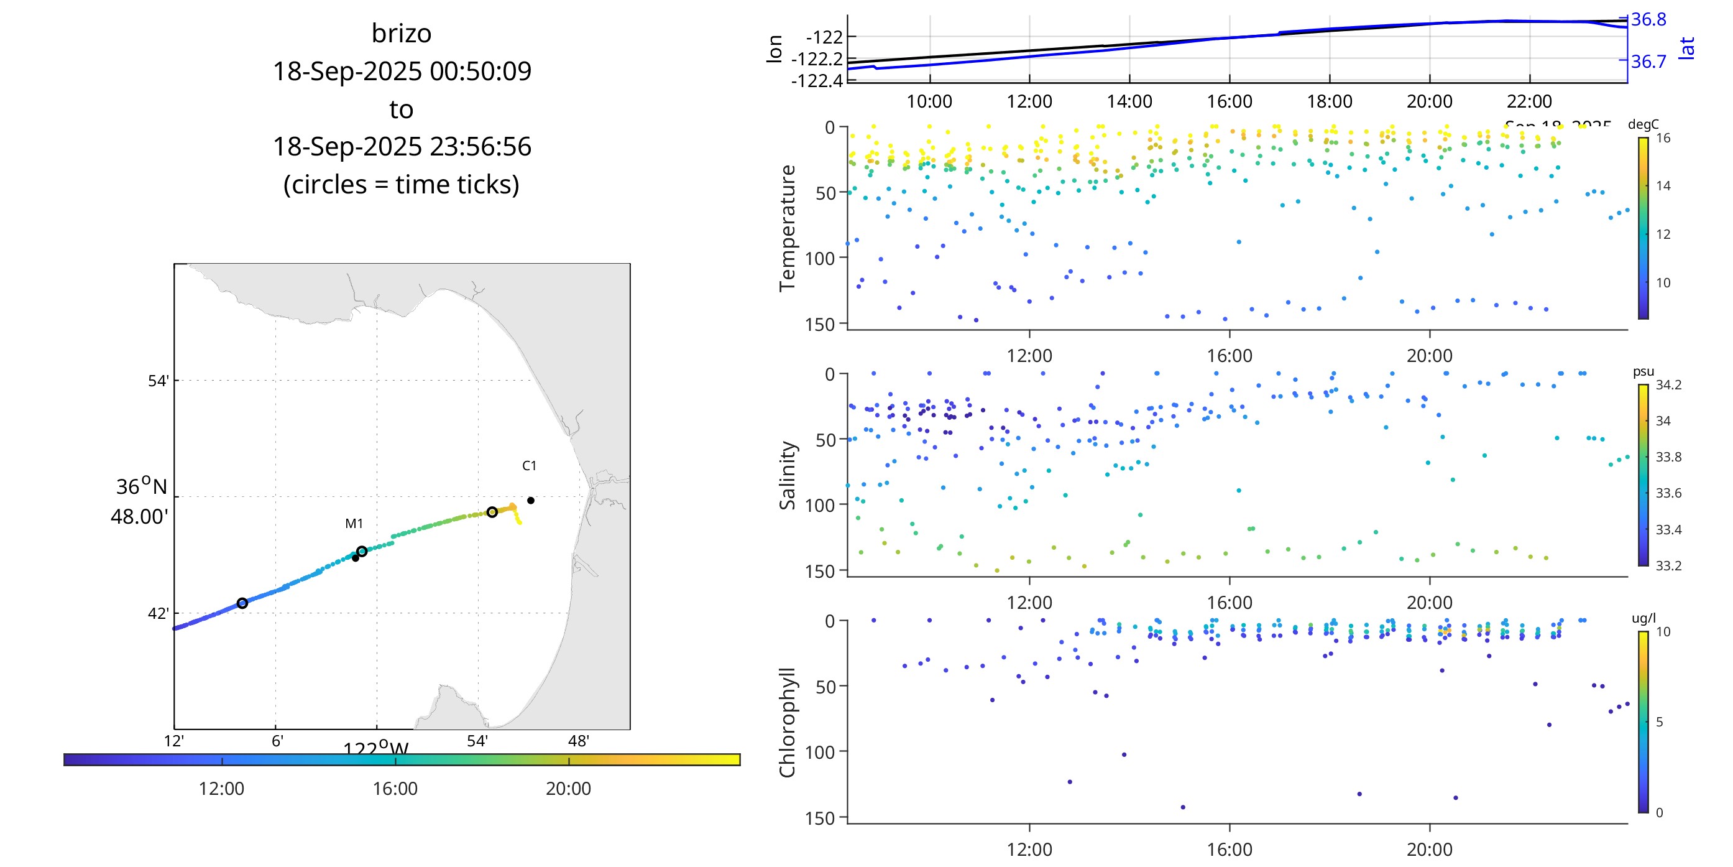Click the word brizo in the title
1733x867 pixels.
[401, 34]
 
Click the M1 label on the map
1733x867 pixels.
[354, 524]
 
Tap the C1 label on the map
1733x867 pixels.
[530, 466]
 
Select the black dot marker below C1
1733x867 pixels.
[531, 501]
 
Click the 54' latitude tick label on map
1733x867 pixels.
[158, 381]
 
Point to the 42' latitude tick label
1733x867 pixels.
[158, 613]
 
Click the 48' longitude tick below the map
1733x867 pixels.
[579, 741]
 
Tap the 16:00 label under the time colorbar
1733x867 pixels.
[395, 788]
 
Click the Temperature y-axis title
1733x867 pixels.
[786, 228]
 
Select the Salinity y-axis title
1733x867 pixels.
[786, 475]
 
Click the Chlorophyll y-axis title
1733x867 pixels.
[786, 722]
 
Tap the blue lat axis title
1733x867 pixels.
[1686, 49]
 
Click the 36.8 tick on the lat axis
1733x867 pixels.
[1648, 19]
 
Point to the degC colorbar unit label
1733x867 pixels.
[1643, 124]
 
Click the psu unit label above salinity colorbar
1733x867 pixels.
[1643, 371]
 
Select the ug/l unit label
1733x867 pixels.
[1643, 618]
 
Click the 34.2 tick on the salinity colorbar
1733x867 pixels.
[1668, 385]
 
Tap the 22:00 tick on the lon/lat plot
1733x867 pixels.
[1528, 101]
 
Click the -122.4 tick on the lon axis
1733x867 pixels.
[817, 81]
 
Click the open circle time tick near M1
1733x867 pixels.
[362, 551]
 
